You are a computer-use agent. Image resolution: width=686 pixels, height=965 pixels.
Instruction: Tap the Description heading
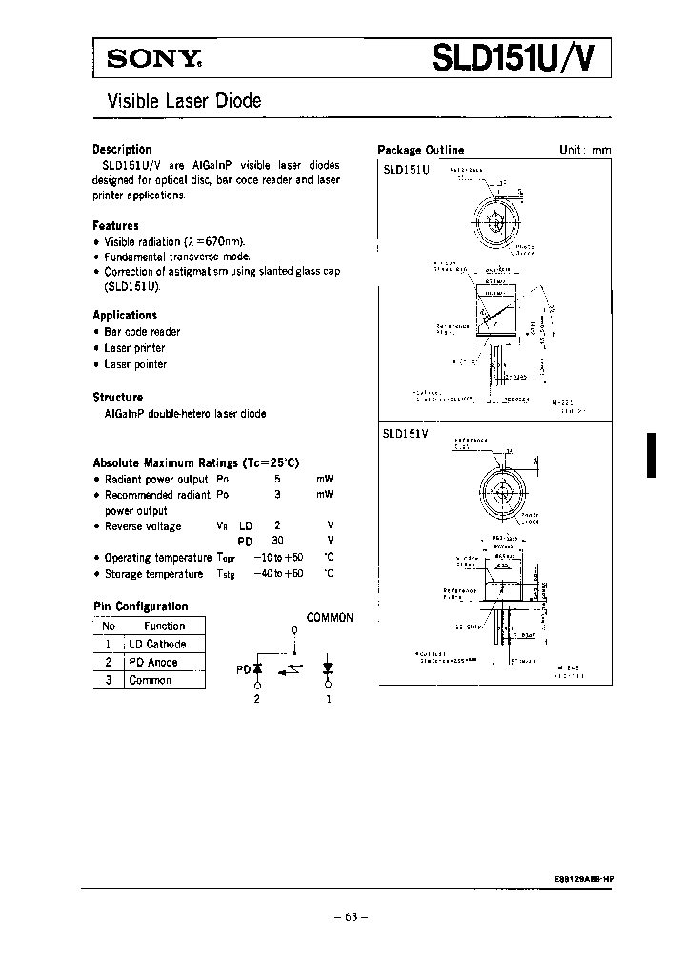(x=122, y=149)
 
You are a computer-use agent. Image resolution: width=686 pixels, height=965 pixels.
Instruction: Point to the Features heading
(x=115, y=226)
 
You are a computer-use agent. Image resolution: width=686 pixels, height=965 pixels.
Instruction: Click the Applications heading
(x=125, y=315)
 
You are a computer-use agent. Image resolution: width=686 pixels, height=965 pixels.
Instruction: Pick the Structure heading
(x=117, y=397)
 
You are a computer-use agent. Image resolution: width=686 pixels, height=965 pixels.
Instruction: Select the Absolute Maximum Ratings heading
(x=195, y=462)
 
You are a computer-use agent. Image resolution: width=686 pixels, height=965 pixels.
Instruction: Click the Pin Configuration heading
(x=140, y=606)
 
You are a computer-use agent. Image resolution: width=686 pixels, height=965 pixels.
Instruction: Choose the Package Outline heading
(x=420, y=150)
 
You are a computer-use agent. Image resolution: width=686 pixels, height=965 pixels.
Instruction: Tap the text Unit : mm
(x=584, y=150)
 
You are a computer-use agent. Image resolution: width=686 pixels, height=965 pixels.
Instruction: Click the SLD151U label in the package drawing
(x=407, y=169)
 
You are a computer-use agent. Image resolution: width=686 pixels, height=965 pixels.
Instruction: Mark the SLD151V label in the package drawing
(x=407, y=432)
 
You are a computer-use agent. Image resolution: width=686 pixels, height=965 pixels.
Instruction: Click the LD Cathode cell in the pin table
(x=152, y=645)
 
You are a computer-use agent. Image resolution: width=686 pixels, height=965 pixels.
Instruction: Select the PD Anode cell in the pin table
(x=153, y=662)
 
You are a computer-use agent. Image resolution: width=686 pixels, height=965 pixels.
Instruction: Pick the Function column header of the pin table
(x=165, y=626)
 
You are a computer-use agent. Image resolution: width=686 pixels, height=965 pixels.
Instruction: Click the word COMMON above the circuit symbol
(x=330, y=617)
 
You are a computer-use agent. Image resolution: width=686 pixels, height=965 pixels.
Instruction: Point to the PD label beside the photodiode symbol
(x=243, y=669)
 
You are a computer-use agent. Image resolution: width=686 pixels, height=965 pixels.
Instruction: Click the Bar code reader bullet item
(x=142, y=332)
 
